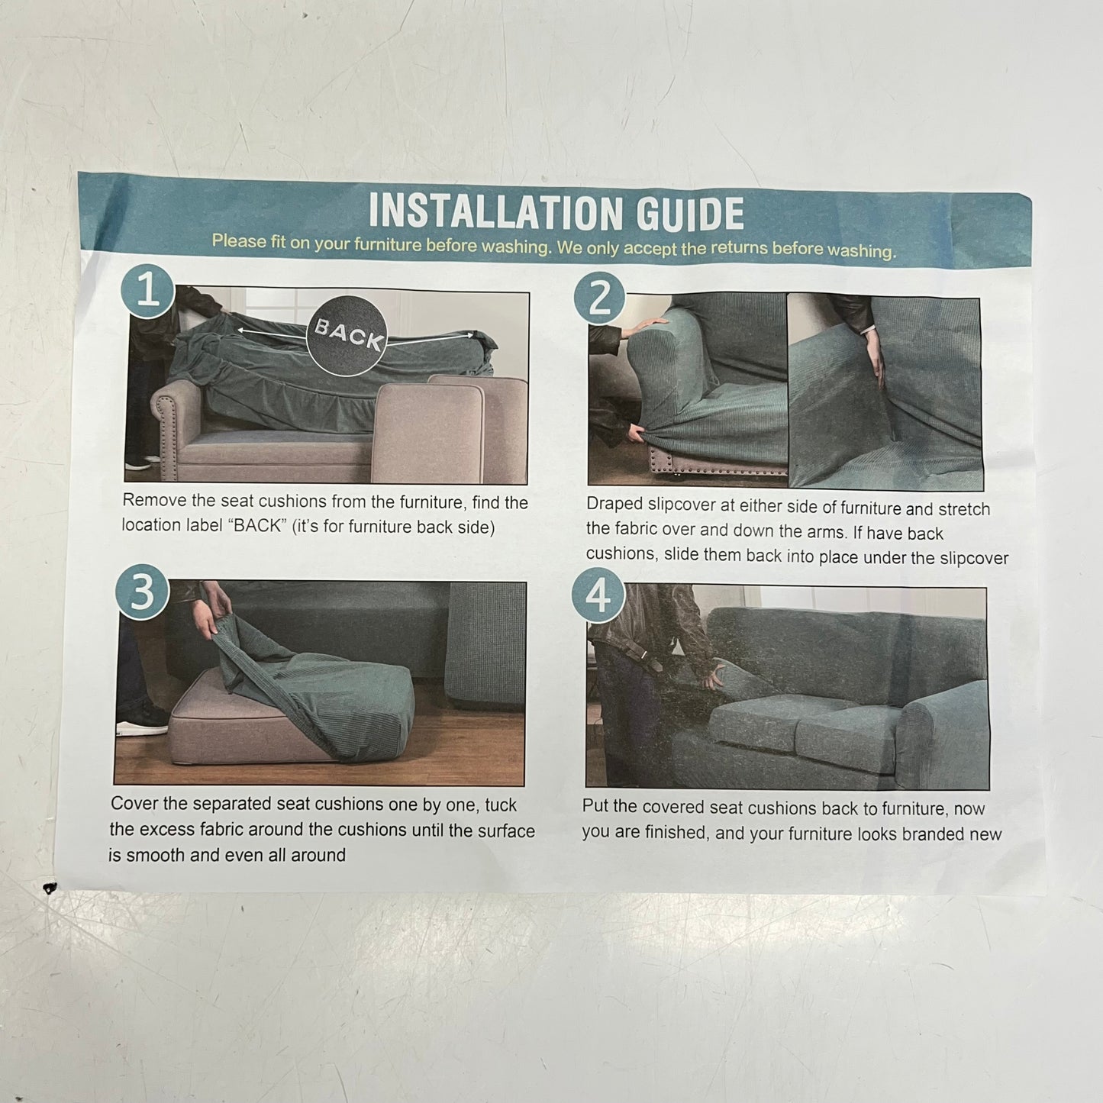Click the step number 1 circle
click(x=148, y=291)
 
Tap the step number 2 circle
click(x=600, y=297)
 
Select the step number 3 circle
click(x=142, y=592)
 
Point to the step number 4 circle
click(x=598, y=595)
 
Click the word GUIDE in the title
click(x=690, y=214)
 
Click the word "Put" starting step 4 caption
click(x=595, y=806)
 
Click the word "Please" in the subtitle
click(x=239, y=241)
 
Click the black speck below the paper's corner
click(x=51, y=889)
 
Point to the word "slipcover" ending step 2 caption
click(x=973, y=558)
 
